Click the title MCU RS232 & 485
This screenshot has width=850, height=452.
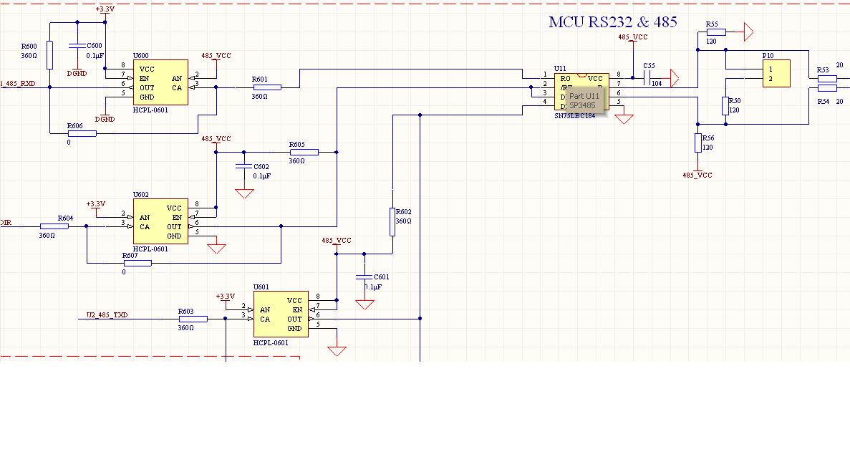point(612,21)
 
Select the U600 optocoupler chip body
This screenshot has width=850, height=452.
point(160,83)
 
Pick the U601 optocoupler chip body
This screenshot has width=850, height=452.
point(281,314)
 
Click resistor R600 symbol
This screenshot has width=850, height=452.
point(49,55)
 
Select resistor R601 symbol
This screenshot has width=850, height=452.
point(267,87)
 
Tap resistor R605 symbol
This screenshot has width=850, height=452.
point(304,152)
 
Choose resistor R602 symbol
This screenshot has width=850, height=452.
point(392,221)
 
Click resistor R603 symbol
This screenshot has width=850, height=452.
point(193,319)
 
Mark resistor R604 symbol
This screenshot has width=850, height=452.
point(54,226)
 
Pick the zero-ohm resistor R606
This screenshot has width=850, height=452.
point(82,133)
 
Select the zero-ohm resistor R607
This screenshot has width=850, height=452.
point(137,263)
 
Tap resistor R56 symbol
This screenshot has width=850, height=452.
point(698,143)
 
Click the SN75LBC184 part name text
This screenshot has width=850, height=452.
point(574,115)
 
